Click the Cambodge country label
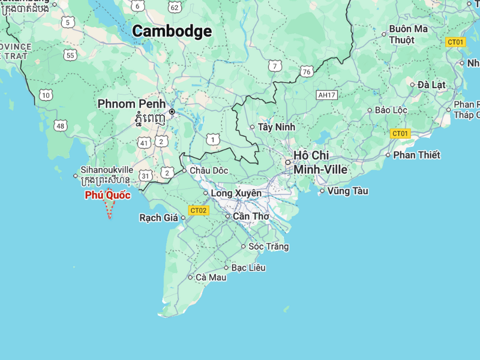coord(172,31)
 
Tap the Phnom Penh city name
coord(131,104)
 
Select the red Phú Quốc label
coord(107,195)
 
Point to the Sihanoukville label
coord(107,170)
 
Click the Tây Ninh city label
coord(277,127)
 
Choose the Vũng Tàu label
coord(347,191)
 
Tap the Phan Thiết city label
coord(416,155)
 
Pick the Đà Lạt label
coord(431,85)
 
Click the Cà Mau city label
coord(211,277)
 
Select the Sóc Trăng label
coord(268,246)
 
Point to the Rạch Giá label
coord(158,218)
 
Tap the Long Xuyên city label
coord(236,193)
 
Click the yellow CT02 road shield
coord(198,210)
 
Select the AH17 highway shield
coord(327,95)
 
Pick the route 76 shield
coord(307,72)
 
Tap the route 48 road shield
coord(59,125)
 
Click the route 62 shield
coord(175,7)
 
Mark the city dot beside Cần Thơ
coord(227,216)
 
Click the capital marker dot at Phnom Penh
coord(172,112)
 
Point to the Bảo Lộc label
coord(391,110)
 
